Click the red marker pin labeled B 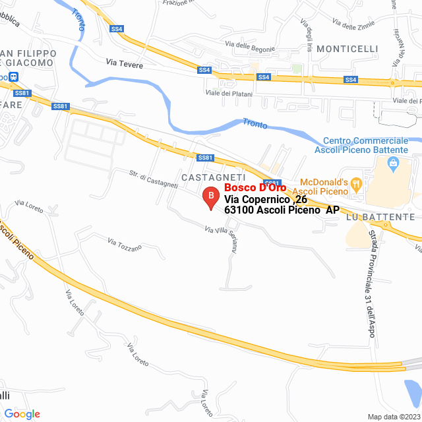[x=210, y=197]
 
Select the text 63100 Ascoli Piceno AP [x=282, y=210]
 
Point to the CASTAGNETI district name [x=213, y=178]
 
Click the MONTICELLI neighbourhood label [x=347, y=49]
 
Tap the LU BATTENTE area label [x=382, y=216]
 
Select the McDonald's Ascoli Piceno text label [x=323, y=186]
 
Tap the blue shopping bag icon [x=394, y=162]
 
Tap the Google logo [x=22, y=413]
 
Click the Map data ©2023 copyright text [x=394, y=416]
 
